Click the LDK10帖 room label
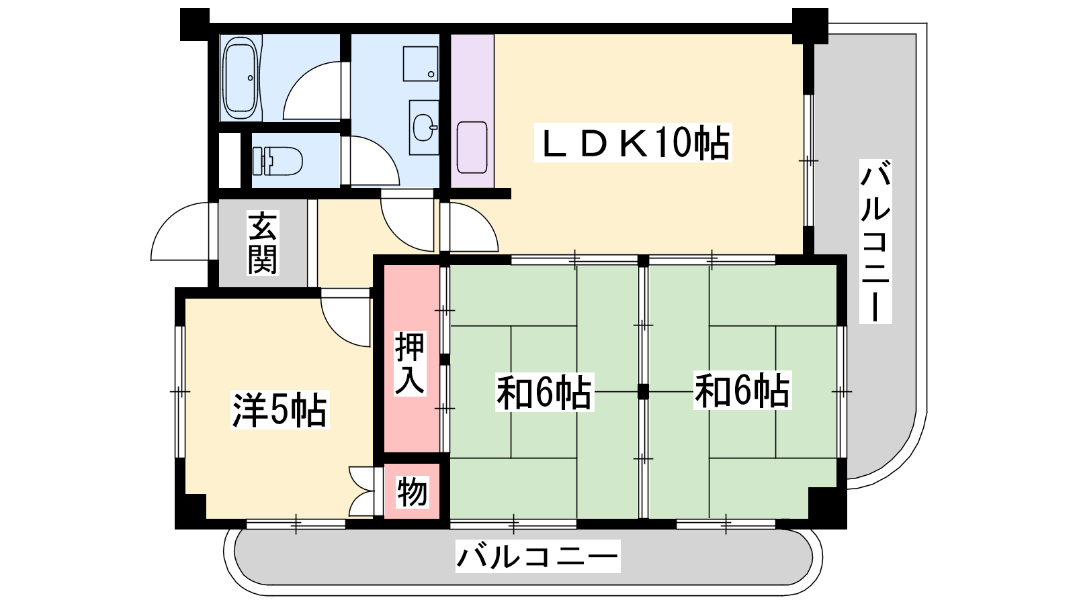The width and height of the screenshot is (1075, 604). pyautogui.click(x=633, y=142)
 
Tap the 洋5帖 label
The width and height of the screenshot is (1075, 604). pyautogui.click(x=279, y=410)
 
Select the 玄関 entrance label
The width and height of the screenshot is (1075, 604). pyautogui.click(x=263, y=242)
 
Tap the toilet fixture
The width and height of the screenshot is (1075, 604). pyautogui.click(x=277, y=161)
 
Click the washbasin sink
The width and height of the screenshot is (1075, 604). pyautogui.click(x=425, y=128)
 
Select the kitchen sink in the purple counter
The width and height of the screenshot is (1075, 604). pyautogui.click(x=472, y=147)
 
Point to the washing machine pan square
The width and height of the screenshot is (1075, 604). pyautogui.click(x=421, y=64)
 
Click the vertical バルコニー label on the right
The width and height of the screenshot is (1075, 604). pyautogui.click(x=875, y=242)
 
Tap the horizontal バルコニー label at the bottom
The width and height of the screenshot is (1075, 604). pyautogui.click(x=538, y=556)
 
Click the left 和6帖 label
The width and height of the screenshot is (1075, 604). pyautogui.click(x=545, y=393)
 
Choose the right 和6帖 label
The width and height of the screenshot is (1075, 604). pyautogui.click(x=742, y=391)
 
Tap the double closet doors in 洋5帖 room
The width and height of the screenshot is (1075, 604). pyautogui.click(x=361, y=491)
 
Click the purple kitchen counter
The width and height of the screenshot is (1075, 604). pyautogui.click(x=472, y=111)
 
